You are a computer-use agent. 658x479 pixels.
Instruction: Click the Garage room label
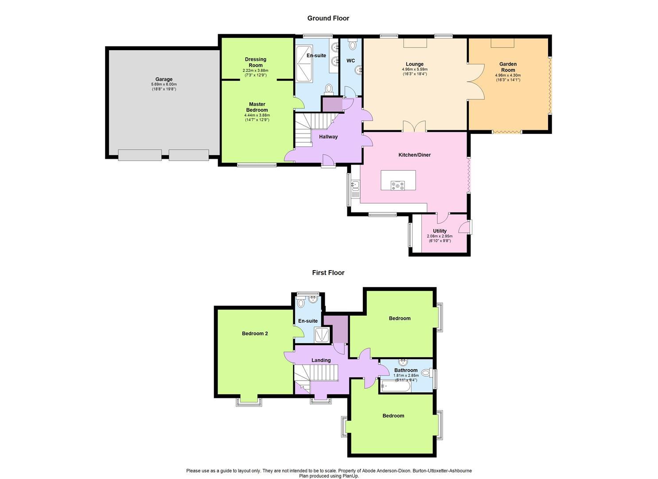click(164, 79)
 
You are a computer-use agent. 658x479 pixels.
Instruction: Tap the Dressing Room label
click(256, 62)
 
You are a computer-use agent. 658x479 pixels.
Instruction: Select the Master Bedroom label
click(257, 107)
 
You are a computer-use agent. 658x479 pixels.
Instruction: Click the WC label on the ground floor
click(350, 61)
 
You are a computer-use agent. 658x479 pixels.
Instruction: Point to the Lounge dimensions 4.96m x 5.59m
click(414, 69)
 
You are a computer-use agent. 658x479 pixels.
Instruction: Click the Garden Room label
click(508, 67)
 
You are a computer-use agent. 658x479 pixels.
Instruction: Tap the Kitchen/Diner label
click(414, 155)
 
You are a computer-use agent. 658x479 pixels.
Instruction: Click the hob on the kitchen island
click(397, 185)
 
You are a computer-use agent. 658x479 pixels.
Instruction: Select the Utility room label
click(440, 231)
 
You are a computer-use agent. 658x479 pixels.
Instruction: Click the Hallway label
click(328, 137)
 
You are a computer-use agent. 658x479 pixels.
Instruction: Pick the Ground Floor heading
click(328, 18)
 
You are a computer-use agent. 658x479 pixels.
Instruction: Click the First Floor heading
click(328, 273)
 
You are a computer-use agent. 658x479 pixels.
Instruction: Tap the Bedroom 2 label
click(255, 334)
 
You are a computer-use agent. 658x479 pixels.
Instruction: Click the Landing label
click(321, 360)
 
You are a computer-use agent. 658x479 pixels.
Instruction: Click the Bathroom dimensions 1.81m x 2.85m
click(406, 375)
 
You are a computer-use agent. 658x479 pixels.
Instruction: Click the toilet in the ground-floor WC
click(353, 45)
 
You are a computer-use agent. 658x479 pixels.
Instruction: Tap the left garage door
click(140, 155)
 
